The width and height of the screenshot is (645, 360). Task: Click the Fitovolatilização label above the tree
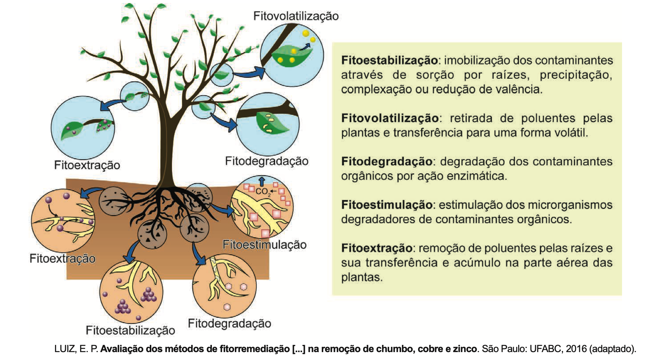tap(296, 16)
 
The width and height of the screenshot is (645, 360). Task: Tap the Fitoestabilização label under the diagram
tap(130, 330)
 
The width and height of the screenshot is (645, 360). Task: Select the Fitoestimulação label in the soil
tap(264, 245)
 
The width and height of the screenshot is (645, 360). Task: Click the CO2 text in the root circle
tap(262, 192)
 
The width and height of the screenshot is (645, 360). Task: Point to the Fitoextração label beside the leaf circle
tap(87, 165)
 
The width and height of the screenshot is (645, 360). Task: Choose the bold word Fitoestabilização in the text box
tap(389, 60)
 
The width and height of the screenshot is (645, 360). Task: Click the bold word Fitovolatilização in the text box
tap(389, 118)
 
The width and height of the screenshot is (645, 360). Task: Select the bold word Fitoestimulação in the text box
tap(386, 205)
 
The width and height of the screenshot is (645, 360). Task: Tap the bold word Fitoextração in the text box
tap(376, 248)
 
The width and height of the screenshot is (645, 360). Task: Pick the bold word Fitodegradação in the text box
tap(386, 162)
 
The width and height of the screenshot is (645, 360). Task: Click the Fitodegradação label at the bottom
tap(229, 323)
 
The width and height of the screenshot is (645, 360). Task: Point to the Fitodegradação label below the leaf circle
tap(266, 161)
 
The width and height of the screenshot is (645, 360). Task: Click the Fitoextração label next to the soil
tap(62, 259)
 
